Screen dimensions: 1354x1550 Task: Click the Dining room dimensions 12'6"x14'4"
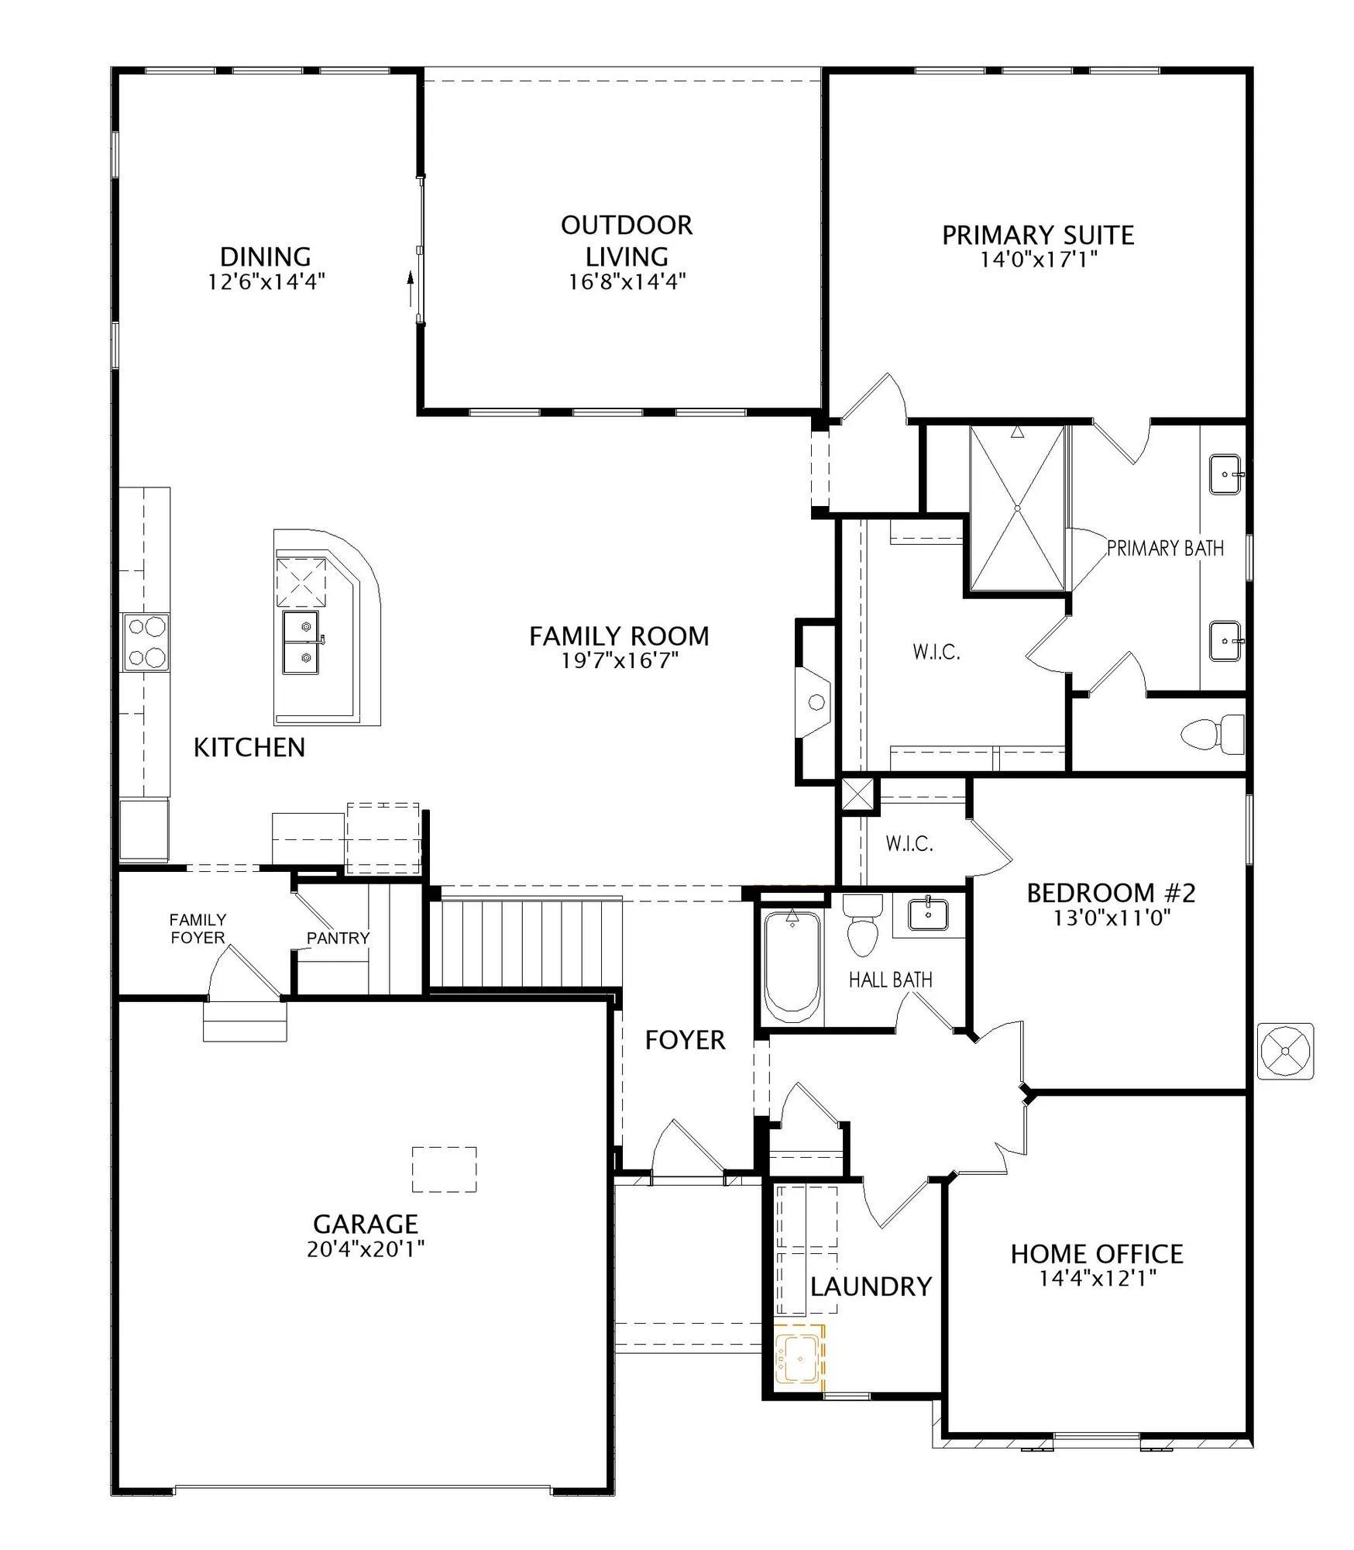coord(265,281)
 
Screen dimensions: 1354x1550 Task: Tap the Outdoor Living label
coord(627,241)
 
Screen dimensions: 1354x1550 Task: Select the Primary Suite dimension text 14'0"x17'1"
coord(1038,260)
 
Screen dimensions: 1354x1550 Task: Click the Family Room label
coord(619,636)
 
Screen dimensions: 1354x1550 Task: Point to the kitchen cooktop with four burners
coord(146,642)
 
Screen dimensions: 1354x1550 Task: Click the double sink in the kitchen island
coord(301,642)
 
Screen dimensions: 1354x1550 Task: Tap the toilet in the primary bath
coord(1212,732)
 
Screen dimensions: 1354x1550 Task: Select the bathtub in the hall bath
coord(792,962)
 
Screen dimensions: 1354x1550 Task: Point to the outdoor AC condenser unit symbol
coord(1286,1052)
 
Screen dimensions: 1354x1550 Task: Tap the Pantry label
coord(338,939)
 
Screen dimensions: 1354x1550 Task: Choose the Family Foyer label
coord(198,928)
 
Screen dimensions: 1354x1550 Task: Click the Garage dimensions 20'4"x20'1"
coord(366,1249)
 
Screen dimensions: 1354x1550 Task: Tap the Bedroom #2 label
coord(1112,893)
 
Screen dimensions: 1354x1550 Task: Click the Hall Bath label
coord(891,980)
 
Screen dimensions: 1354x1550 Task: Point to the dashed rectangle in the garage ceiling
coord(444,1169)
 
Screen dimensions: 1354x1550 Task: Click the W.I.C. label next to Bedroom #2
coord(909,843)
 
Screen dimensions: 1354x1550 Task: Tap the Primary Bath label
coord(1166,549)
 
